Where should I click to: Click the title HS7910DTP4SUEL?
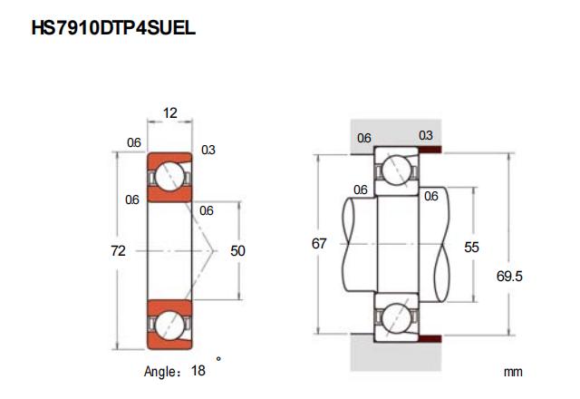click(113, 28)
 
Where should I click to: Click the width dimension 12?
click(169, 113)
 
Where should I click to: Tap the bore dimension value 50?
click(239, 250)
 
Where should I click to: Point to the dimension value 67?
click(318, 244)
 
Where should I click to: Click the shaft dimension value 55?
click(471, 246)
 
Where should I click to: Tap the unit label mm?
click(514, 372)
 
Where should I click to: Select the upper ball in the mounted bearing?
click(396, 170)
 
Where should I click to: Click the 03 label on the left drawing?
click(208, 150)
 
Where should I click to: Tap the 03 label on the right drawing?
click(425, 135)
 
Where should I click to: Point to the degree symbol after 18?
click(218, 359)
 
